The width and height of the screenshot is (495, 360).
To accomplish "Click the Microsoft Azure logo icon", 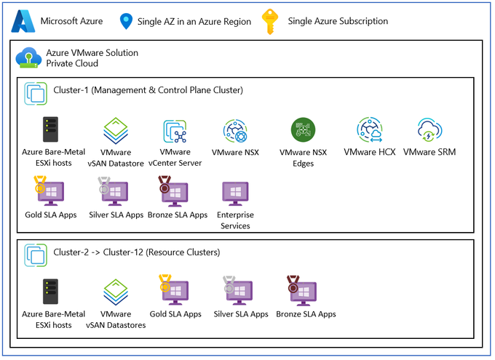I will click(23, 20).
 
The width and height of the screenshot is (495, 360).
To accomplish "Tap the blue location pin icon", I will click(125, 22).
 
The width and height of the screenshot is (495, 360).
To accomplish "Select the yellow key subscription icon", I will click(270, 21).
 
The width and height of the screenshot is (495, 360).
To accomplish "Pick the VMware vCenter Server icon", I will click(175, 132).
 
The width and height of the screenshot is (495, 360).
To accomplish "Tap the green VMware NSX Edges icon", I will click(303, 130).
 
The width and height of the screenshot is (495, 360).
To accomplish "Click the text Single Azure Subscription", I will click(338, 21).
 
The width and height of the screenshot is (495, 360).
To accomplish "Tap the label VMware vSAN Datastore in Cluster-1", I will click(115, 158).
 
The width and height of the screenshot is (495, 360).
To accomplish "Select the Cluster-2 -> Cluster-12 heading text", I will click(137, 252).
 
